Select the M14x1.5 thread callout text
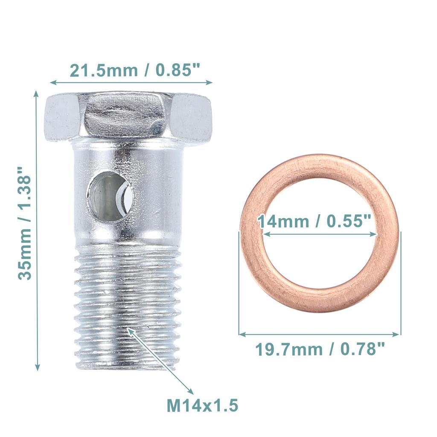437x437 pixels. pyautogui.click(x=202, y=405)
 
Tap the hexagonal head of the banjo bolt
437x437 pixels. pyautogui.click(x=128, y=115)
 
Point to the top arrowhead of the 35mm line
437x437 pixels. pyautogui.click(x=37, y=93)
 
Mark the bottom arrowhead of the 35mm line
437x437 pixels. pyautogui.click(x=37, y=367)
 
